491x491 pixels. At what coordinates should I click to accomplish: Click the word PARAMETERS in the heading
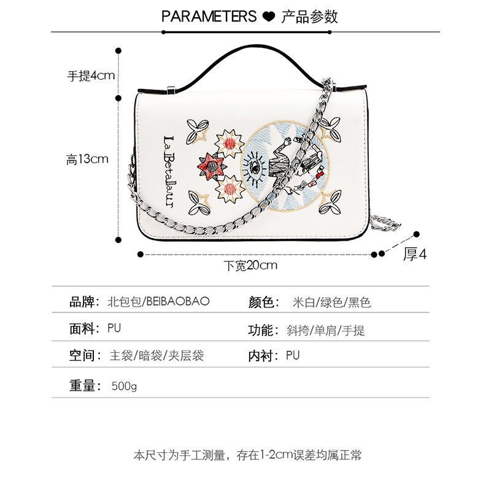(x=209, y=17)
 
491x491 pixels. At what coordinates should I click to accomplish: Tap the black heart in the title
(x=268, y=17)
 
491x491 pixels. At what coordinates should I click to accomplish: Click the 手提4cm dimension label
(x=91, y=75)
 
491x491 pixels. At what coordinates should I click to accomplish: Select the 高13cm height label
(x=87, y=160)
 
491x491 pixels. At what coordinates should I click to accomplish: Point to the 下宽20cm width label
(x=250, y=266)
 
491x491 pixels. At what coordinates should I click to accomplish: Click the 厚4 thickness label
(x=415, y=254)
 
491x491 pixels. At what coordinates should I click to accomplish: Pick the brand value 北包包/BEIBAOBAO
(x=158, y=301)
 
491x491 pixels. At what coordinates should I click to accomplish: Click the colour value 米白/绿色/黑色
(x=331, y=303)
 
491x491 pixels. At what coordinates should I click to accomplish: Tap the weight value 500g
(x=124, y=386)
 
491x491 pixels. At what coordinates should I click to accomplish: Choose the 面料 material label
(x=82, y=329)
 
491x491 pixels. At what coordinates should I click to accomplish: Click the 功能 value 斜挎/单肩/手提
(x=326, y=330)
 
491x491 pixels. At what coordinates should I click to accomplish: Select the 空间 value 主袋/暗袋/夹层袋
(x=157, y=356)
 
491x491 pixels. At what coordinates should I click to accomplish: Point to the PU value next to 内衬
(x=293, y=355)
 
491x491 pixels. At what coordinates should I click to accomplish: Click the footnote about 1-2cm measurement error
(x=247, y=455)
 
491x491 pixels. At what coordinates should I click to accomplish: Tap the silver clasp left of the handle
(x=171, y=90)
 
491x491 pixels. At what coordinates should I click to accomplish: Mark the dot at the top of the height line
(x=118, y=51)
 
